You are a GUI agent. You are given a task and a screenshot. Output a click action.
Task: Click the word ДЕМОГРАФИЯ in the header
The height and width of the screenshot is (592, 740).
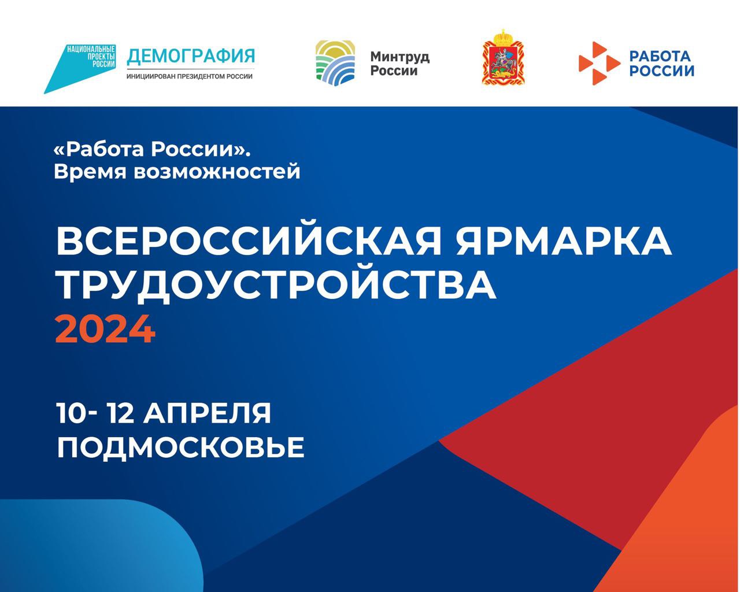(191, 57)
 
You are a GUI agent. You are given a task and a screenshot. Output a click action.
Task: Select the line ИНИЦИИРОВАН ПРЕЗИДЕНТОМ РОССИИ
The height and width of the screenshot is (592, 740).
(190, 76)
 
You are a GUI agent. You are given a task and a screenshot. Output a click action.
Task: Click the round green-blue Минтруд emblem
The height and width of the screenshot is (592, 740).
(335, 63)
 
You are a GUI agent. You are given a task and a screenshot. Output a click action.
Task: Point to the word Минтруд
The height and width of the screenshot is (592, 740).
(400, 57)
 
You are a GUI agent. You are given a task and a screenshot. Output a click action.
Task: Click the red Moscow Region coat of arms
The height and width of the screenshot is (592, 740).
(504, 57)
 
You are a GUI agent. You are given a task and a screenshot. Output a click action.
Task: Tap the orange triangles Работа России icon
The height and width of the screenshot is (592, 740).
(599, 63)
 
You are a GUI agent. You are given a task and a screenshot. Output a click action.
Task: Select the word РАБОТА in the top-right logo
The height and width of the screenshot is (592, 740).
(660, 55)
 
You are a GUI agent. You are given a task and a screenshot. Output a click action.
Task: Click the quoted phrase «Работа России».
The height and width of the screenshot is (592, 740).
(152, 149)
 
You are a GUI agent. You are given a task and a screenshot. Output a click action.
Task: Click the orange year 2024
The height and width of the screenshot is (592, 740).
(105, 329)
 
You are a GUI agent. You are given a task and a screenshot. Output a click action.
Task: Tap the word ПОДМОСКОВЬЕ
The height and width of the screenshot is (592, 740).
(180, 447)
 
